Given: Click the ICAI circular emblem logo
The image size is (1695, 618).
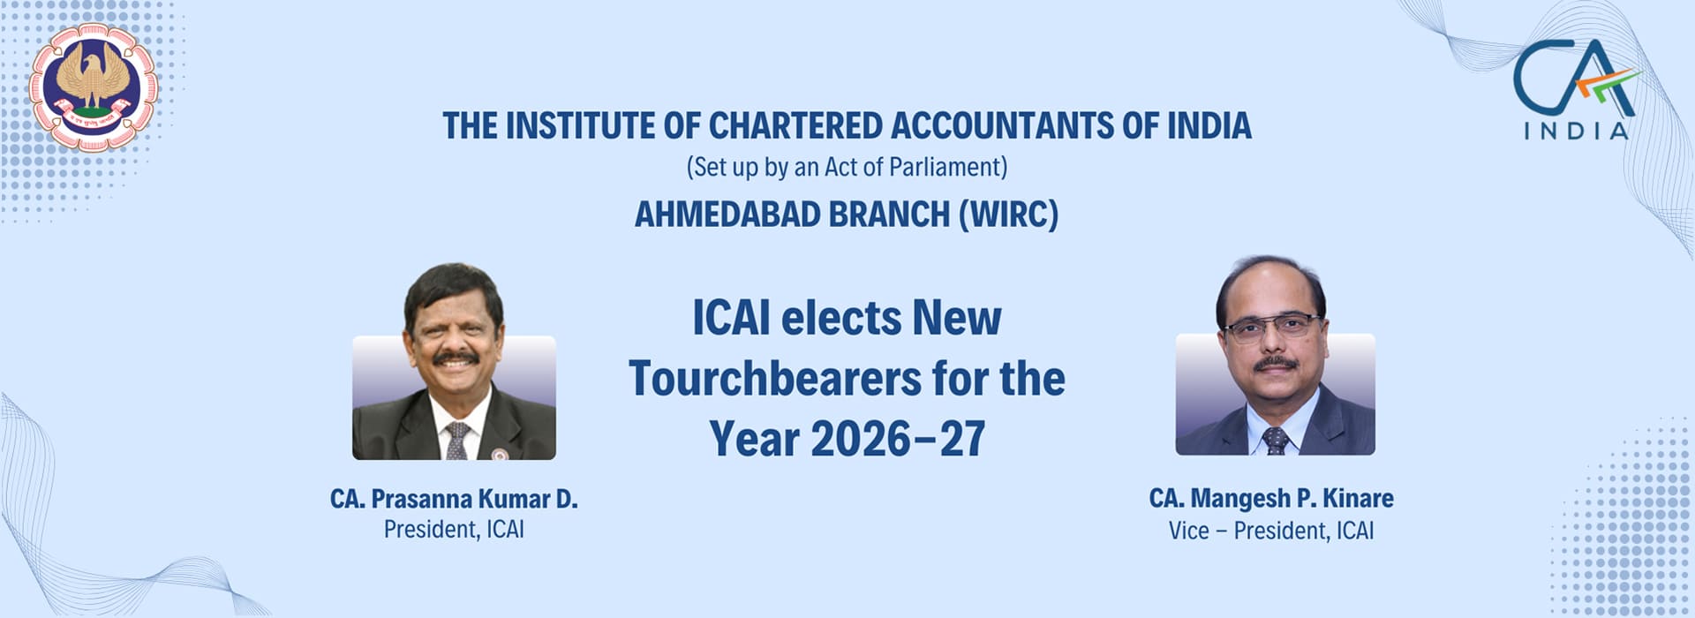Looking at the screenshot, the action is pyautogui.click(x=93, y=87).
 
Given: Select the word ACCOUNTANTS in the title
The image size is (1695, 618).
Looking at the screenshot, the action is pyautogui.click(x=1002, y=126).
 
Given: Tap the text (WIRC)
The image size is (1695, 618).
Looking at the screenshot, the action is pyautogui.click(x=1009, y=215).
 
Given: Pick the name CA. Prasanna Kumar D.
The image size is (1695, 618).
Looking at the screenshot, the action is pyautogui.click(x=454, y=499).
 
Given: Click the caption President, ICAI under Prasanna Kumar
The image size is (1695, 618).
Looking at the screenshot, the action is pyautogui.click(x=454, y=530).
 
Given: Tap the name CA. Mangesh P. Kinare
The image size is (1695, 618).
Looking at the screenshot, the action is pyautogui.click(x=1271, y=498).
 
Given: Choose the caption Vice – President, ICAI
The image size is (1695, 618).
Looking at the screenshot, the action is pyautogui.click(x=1271, y=531).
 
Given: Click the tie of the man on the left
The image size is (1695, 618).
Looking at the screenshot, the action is pyautogui.click(x=456, y=440).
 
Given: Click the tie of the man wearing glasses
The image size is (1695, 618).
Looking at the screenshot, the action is pyautogui.click(x=1276, y=440).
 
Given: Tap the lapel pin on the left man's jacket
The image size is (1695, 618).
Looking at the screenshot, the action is pyautogui.click(x=499, y=454).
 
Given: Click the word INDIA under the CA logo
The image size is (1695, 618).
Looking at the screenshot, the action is pyautogui.click(x=1576, y=131).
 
